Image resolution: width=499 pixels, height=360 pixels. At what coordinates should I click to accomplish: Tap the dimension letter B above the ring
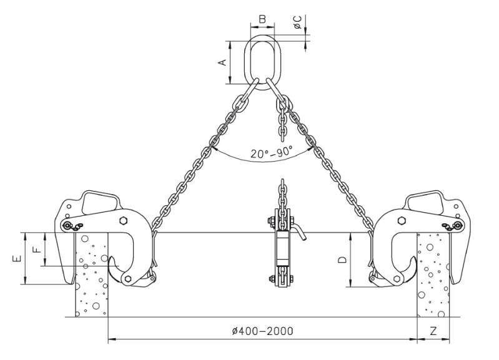click(x=262, y=19)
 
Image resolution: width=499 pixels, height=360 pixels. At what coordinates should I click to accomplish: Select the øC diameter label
click(x=298, y=22)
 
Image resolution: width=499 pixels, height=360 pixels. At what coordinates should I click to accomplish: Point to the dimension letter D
click(x=342, y=260)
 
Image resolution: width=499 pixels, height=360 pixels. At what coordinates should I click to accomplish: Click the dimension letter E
click(x=17, y=258)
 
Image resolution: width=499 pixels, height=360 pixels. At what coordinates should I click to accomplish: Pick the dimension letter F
click(x=37, y=248)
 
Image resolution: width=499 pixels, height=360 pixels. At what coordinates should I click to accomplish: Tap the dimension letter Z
click(x=433, y=331)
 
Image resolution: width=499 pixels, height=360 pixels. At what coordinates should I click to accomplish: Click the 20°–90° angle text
click(x=271, y=152)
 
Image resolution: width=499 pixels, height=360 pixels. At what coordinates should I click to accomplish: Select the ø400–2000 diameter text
click(x=262, y=331)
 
